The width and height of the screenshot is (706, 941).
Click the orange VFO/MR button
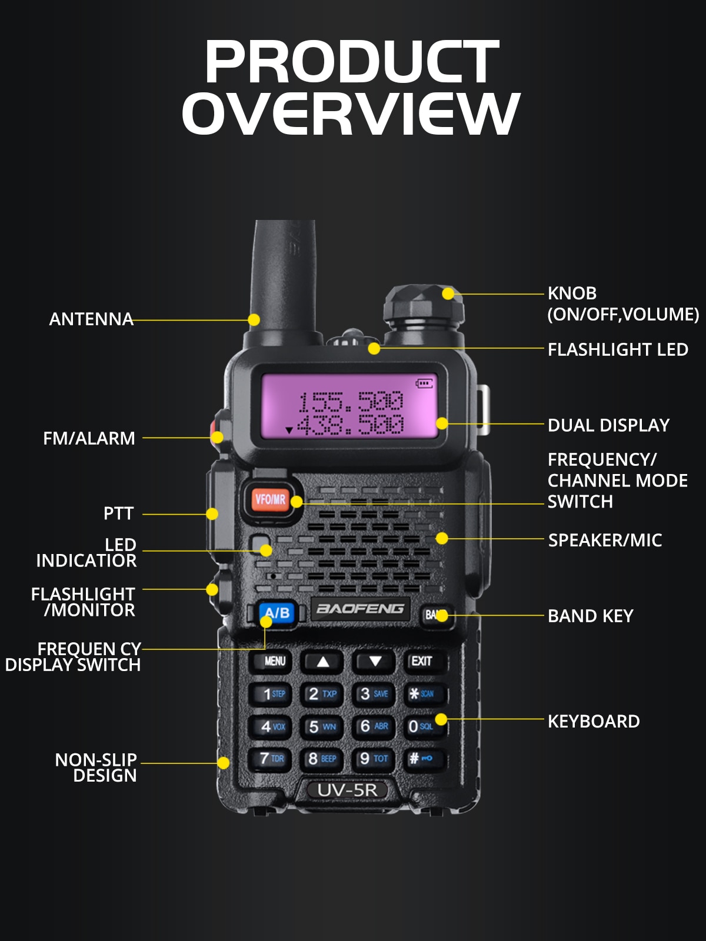(x=271, y=500)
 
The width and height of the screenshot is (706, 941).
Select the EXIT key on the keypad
(x=422, y=662)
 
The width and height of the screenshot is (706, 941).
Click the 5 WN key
(x=322, y=727)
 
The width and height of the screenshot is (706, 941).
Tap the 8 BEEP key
(x=322, y=759)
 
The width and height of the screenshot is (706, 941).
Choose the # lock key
(x=421, y=759)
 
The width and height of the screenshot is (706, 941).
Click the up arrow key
(x=322, y=662)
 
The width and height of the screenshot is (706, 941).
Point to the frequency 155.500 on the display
(x=351, y=402)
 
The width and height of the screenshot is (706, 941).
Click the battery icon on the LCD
(x=424, y=383)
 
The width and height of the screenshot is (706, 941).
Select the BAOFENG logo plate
(x=360, y=609)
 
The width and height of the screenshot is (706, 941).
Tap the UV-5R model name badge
(x=347, y=790)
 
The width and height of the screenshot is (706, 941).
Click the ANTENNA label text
(x=91, y=319)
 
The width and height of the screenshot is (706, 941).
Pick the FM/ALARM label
(x=89, y=439)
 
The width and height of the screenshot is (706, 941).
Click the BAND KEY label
(x=590, y=616)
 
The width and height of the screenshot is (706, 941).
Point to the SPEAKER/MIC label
(x=605, y=540)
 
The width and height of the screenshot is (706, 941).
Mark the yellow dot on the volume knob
(x=448, y=293)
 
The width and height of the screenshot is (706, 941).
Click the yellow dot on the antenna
(x=254, y=320)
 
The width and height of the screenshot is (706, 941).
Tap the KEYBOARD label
(x=594, y=722)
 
